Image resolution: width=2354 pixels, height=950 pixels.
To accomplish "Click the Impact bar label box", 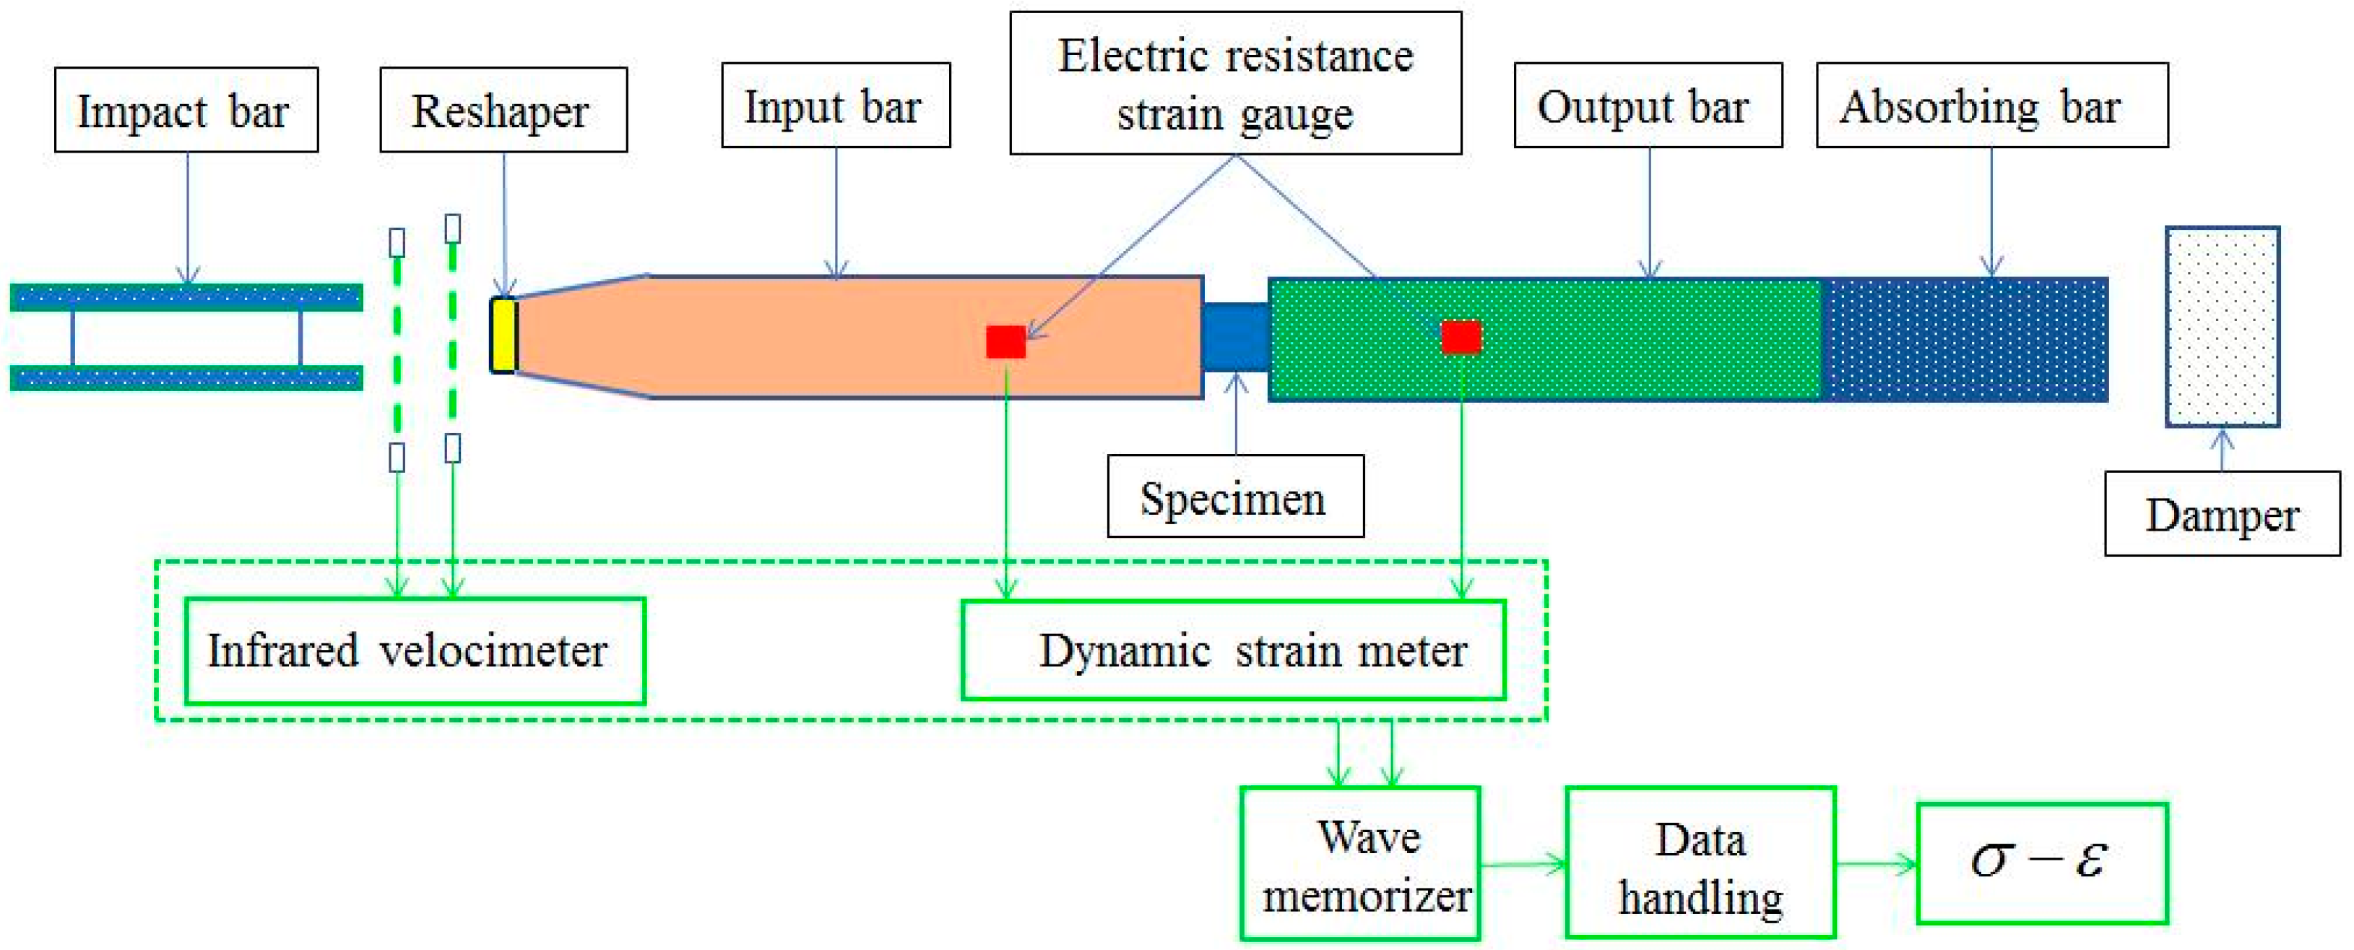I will (x=186, y=110).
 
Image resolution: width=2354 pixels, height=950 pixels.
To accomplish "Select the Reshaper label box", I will (x=503, y=110).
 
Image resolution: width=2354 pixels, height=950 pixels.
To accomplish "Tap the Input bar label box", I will (x=835, y=105).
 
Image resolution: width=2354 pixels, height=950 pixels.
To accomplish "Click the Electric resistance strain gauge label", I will (x=1234, y=83).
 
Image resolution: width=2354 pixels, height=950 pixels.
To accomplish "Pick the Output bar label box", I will (x=1648, y=105).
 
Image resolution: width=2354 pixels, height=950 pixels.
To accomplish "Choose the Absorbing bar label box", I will (x=1991, y=105).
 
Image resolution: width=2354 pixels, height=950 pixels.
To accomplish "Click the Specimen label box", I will (x=1234, y=497).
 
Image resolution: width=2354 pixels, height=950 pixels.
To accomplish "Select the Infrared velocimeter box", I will (x=415, y=650).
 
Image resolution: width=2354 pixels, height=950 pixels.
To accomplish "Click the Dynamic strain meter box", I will (x=1233, y=650).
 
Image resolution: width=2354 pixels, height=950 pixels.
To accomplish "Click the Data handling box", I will (x=1700, y=863).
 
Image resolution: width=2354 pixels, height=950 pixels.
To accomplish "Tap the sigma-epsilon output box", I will (x=2041, y=863).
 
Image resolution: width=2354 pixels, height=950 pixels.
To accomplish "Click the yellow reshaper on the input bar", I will (x=503, y=335).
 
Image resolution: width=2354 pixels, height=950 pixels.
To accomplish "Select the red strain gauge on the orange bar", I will (x=1005, y=341).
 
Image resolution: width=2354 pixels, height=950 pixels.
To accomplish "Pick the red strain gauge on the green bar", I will (x=1461, y=336).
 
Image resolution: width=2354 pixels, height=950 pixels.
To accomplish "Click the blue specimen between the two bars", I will (x=1234, y=336).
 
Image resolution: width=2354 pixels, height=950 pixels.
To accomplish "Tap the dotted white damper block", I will (x=2222, y=326).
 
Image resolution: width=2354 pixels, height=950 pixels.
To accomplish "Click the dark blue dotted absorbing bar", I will (x=1965, y=340).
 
